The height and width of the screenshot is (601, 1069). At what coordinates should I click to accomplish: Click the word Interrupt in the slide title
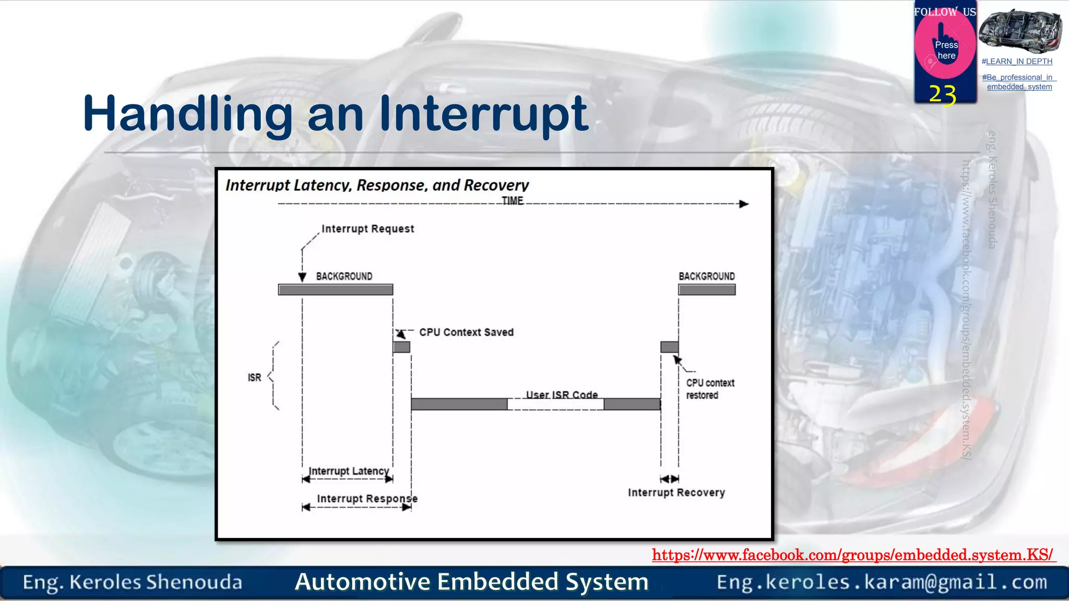click(x=483, y=114)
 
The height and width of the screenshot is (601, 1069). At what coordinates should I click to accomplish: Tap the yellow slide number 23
click(x=943, y=95)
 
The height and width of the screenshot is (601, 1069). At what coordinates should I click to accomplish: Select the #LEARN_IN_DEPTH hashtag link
click(x=1017, y=62)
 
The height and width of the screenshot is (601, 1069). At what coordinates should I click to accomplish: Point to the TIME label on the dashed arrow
click(x=513, y=201)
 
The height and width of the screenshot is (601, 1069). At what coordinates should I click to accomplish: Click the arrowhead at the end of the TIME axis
click(x=744, y=204)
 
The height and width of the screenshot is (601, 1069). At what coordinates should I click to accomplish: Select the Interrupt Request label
click(x=367, y=229)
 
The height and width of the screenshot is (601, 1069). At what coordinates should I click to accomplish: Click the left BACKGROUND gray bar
click(x=336, y=290)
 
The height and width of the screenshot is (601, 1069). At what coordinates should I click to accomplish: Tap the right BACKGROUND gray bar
click(x=707, y=290)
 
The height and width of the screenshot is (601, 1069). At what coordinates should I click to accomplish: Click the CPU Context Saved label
click(x=466, y=332)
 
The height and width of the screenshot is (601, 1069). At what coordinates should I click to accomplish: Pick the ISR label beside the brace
click(x=254, y=377)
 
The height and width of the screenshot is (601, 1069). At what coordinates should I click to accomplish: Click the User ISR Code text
click(x=562, y=395)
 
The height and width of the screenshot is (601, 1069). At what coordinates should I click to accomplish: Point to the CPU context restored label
click(x=709, y=389)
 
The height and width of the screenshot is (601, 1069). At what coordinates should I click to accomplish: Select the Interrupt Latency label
click(x=349, y=471)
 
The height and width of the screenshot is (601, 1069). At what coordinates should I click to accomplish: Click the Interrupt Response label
click(x=367, y=499)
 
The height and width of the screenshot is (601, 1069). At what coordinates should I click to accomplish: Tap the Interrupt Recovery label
click(x=676, y=492)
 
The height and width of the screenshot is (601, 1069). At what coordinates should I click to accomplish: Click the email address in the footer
click(x=882, y=582)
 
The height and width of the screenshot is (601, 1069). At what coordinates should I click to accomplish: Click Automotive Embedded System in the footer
click(x=471, y=582)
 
